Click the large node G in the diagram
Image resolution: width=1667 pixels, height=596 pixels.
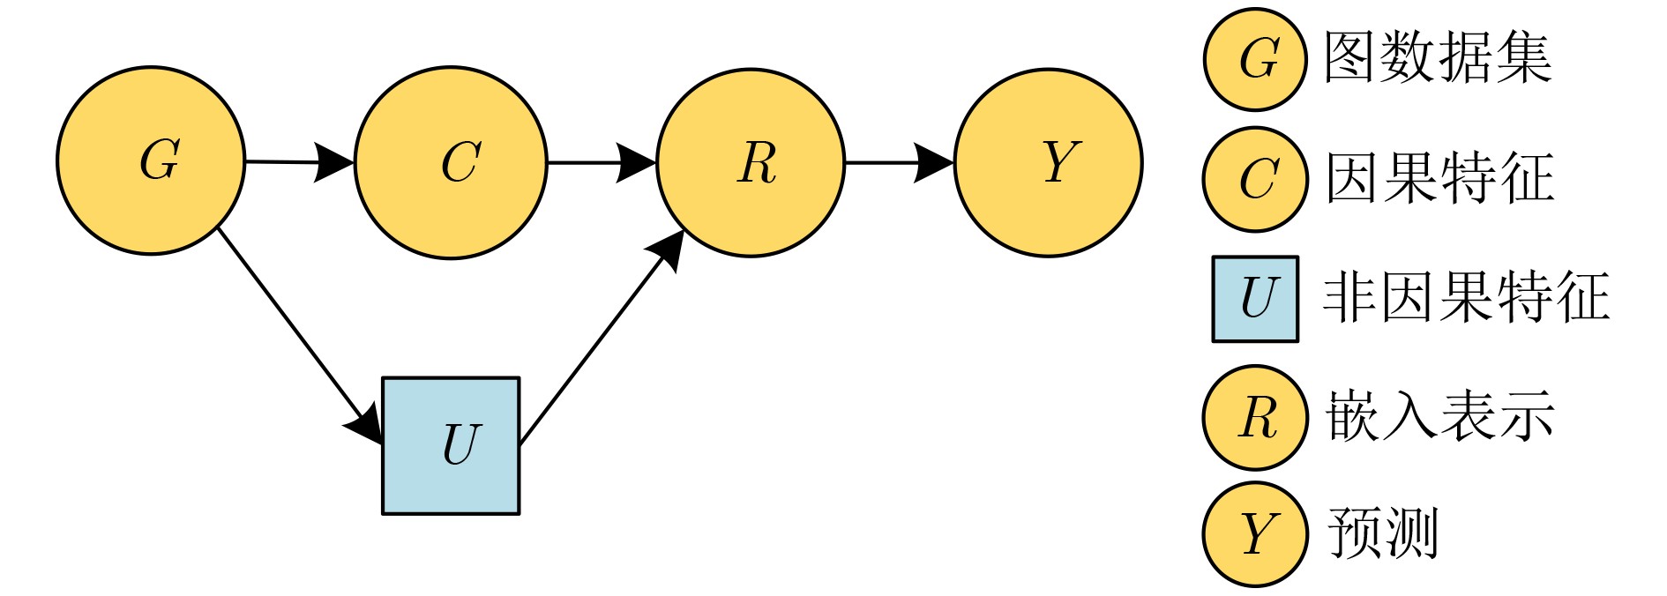151,161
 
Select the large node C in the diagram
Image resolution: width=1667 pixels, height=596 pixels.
451,163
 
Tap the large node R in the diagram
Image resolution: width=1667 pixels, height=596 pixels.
751,163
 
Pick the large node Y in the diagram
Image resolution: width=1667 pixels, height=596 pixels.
1049,163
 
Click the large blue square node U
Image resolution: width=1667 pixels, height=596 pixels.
451,446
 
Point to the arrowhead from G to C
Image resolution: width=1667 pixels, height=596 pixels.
336,162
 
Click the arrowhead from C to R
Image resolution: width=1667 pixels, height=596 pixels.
637,163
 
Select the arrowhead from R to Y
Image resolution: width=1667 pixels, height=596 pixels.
935,163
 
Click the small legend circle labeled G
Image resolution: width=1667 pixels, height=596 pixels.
1255,59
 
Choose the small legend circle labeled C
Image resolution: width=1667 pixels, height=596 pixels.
1255,179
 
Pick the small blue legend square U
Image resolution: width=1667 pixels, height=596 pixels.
1255,299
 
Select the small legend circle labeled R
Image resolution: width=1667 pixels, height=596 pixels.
1255,417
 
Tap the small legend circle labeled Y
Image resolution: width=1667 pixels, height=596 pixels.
1255,534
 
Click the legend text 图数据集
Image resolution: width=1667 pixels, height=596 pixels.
1438,58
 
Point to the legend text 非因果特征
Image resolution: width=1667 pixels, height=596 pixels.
1466,297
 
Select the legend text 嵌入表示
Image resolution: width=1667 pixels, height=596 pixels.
1439,416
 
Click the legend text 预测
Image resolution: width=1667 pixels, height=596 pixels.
1382,533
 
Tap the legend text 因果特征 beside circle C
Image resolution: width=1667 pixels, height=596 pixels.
1439,178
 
